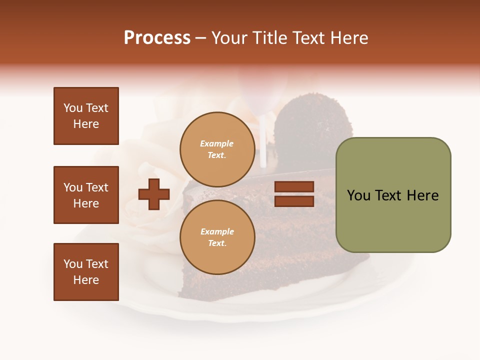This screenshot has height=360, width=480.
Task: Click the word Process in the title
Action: coord(157,38)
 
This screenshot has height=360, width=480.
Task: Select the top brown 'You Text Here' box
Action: coord(86,116)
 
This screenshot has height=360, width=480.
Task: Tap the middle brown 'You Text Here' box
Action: coord(86,195)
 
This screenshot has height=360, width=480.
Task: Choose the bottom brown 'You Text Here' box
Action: coord(86,272)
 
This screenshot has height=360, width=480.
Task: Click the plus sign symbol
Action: coord(154,194)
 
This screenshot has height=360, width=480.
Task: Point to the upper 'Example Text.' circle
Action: coord(217,149)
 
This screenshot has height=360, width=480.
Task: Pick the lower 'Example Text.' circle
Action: coord(217,237)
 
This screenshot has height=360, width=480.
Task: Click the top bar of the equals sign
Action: coord(294,187)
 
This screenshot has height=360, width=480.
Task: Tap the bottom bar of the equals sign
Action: coord(294,201)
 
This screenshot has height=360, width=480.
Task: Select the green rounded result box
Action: coord(393,195)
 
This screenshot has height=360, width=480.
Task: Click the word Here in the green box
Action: coord(422,195)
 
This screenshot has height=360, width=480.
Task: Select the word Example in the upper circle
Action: coord(217,143)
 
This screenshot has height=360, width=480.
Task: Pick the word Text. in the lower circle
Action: coord(217,243)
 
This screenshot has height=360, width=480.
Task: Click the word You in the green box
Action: coord(359,195)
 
